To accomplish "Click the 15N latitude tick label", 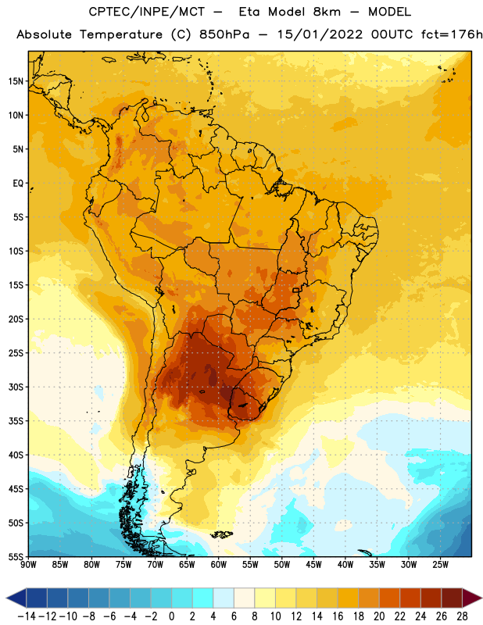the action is coord(16,81).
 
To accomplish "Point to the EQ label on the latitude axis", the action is coord(18,184).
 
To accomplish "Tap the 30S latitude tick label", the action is coord(16,387).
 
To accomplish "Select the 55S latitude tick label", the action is coord(16,557).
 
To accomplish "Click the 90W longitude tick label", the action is coord(29,565).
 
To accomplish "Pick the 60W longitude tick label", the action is coord(219,565).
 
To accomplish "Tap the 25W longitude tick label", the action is coord(440,565).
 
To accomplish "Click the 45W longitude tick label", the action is coord(313,565).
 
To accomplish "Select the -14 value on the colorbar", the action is coord(27,616).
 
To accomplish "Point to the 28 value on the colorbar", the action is coord(462,616).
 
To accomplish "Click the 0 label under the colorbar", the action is coord(172,616).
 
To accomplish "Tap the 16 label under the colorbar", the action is coord(338,616).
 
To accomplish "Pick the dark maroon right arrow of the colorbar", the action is coord(471,598).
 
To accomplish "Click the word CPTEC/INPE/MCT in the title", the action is coord(146,12).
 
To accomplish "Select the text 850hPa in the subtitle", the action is coord(224,34).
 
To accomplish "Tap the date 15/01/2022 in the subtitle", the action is coord(320,34).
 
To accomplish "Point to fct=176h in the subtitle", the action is coord(452,34).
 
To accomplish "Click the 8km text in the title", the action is coord(327,12).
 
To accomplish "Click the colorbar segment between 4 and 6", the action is coord(224,598).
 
